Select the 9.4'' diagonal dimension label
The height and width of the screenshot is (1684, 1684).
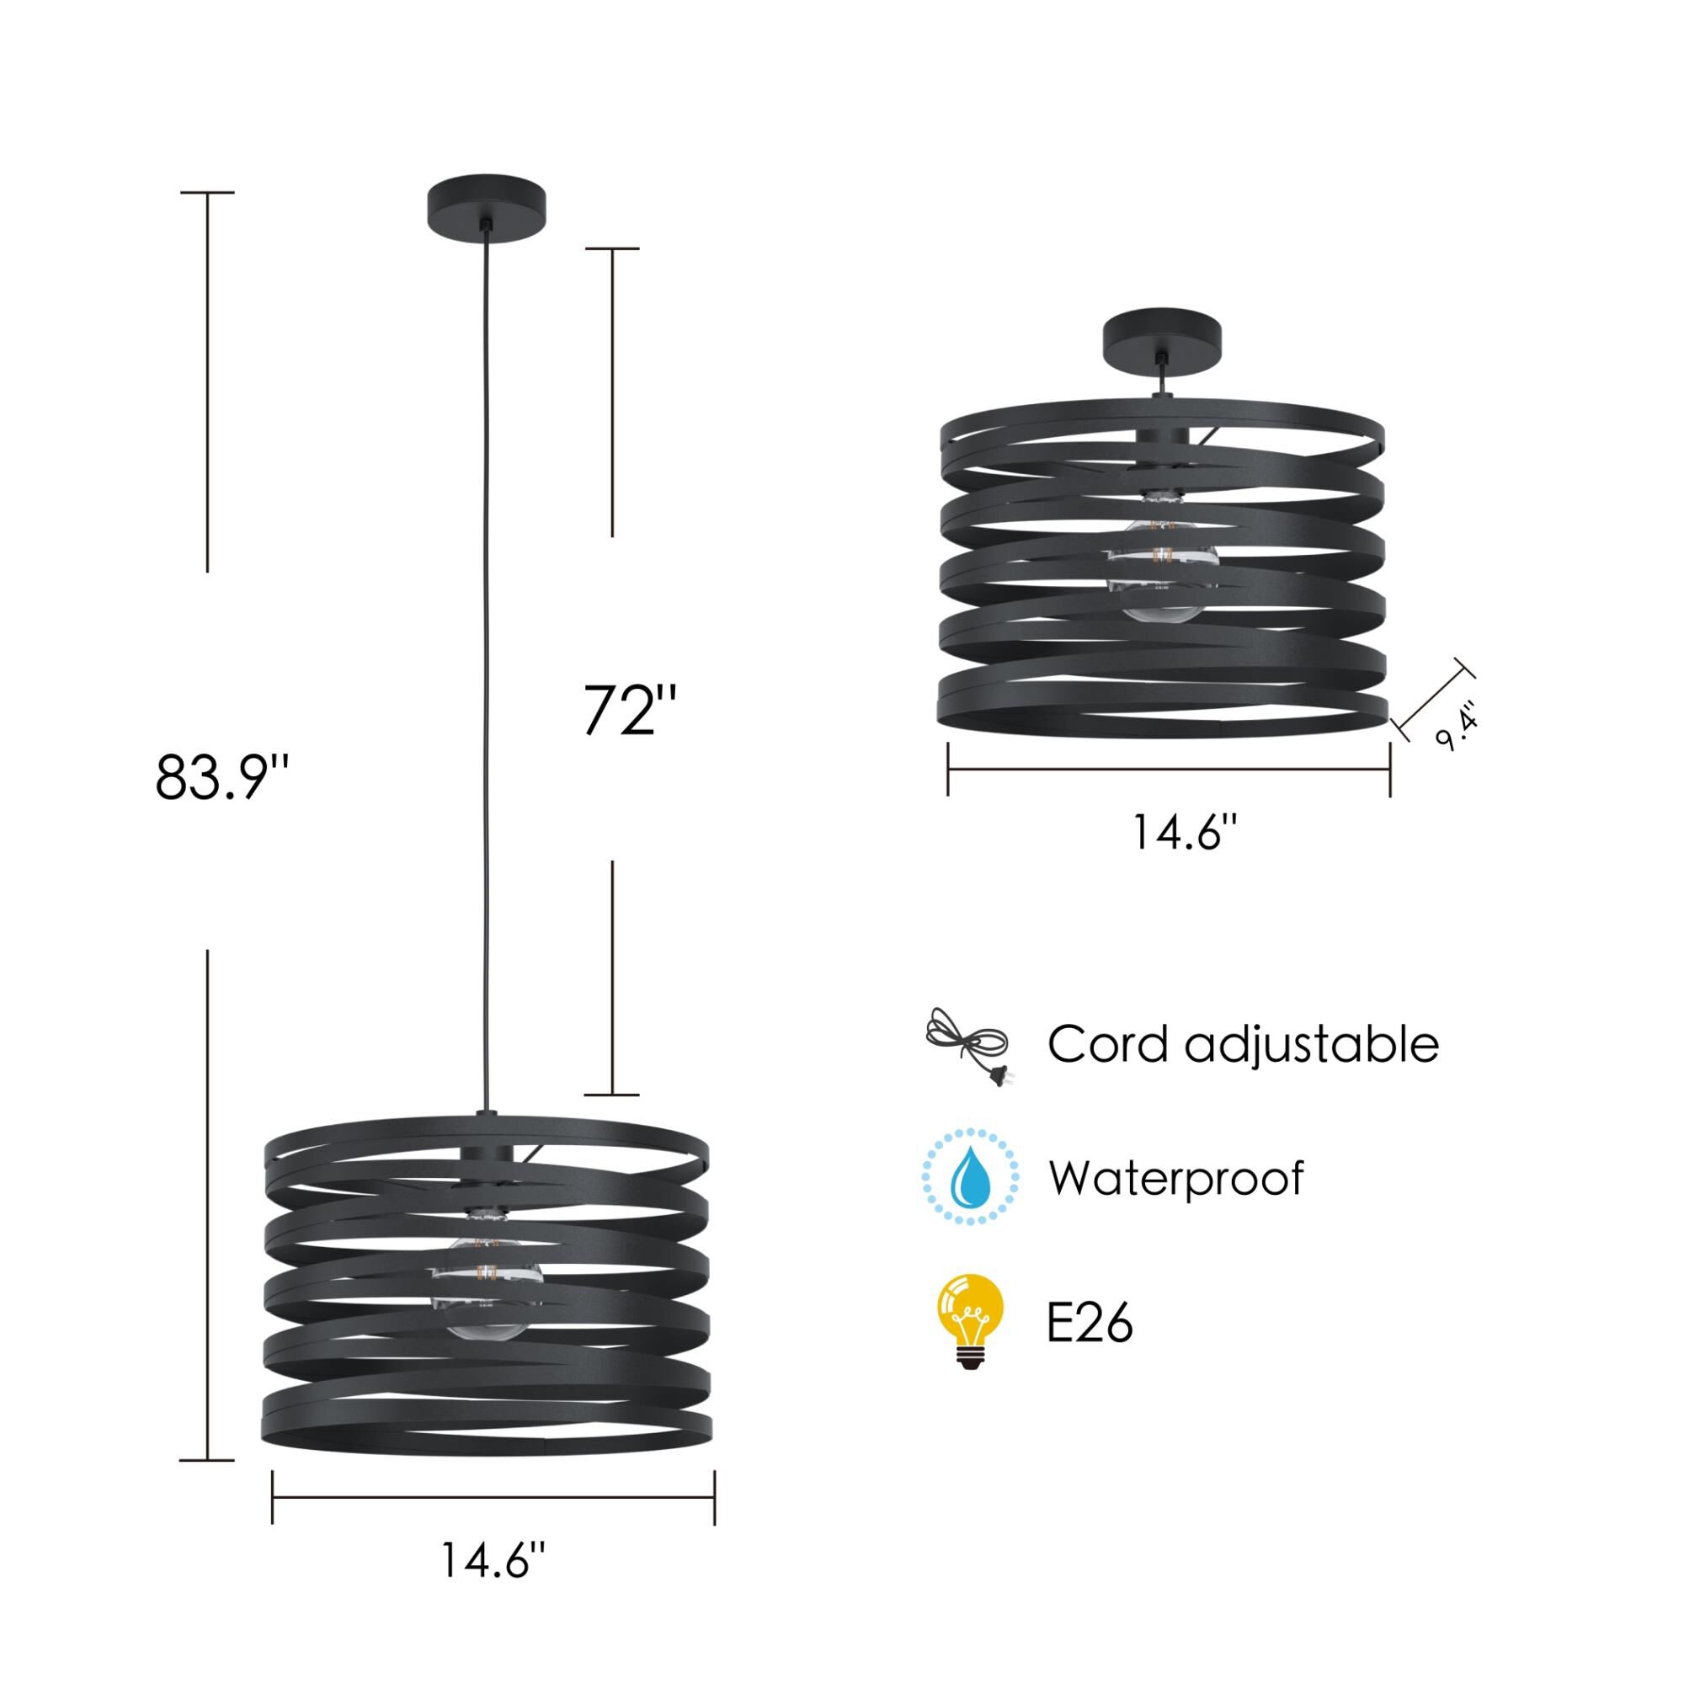1458,726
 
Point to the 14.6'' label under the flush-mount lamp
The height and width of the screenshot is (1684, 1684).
1185,832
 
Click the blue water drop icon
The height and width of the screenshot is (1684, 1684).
970,1177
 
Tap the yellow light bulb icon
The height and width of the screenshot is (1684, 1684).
970,1321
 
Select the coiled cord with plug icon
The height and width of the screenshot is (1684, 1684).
967,1046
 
